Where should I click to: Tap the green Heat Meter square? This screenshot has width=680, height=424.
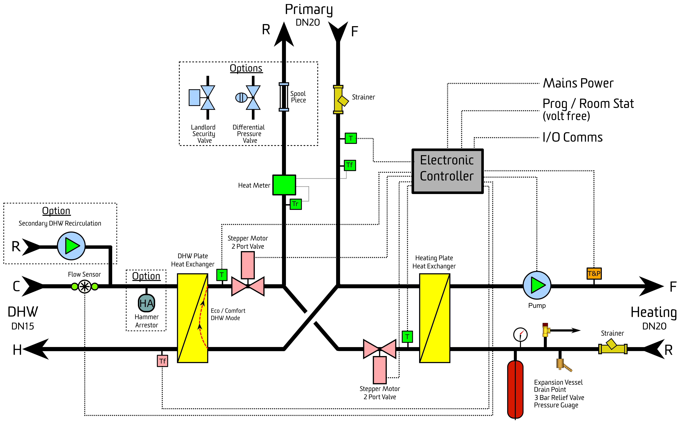[284, 185]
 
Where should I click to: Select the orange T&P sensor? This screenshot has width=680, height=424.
[594, 273]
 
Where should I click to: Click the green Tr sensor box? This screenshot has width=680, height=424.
[296, 204]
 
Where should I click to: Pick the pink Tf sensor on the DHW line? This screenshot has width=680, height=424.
[162, 361]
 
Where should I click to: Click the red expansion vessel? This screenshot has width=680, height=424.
[515, 389]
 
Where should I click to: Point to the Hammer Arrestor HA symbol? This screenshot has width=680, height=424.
[146, 303]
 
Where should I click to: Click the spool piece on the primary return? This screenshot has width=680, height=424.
[284, 97]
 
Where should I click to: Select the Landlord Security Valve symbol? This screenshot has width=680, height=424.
[202, 98]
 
